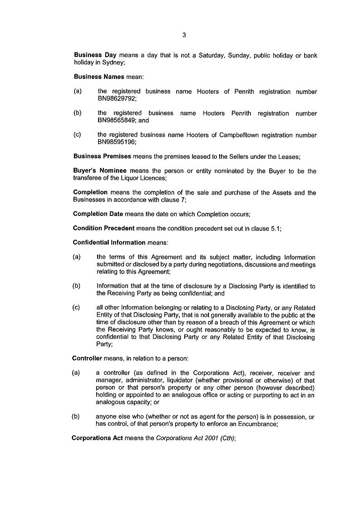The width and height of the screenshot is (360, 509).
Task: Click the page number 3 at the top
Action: (x=184, y=35)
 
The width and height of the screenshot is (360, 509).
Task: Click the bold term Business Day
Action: (x=95, y=55)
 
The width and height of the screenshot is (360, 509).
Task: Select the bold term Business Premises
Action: (x=102, y=156)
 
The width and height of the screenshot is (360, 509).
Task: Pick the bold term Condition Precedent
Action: (x=104, y=229)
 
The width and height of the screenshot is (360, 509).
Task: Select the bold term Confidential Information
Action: (x=109, y=243)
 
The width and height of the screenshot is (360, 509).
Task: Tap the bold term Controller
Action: (x=87, y=358)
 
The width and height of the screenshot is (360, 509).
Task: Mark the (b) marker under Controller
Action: (x=76, y=416)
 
